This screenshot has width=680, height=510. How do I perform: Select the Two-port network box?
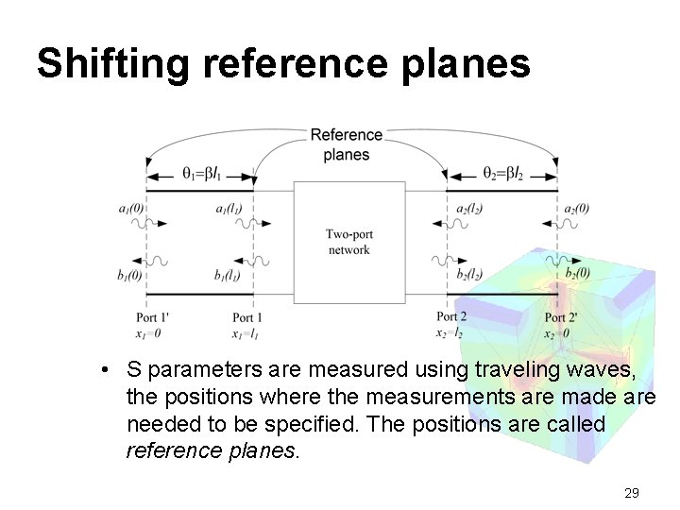coord(348,243)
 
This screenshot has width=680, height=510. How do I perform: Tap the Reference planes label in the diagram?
coord(347,144)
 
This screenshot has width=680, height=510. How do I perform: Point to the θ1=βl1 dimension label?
coord(201,173)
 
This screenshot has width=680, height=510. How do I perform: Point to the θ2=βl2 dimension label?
coord(501,173)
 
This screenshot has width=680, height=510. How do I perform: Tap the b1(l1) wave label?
coord(232,276)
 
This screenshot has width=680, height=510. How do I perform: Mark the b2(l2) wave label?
coord(469,275)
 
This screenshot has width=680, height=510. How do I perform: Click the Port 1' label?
coord(153,317)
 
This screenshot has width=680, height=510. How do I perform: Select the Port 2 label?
coord(451,317)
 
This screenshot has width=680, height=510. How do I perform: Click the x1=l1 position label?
coord(246,333)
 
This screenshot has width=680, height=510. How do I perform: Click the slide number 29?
coord(633,493)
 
